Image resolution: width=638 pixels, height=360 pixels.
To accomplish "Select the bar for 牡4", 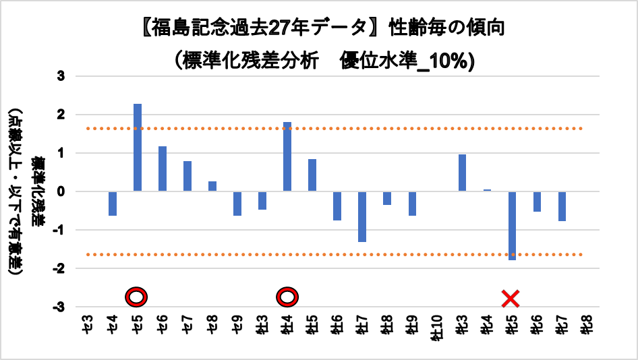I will (287, 156).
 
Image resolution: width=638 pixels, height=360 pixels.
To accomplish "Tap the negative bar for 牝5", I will (512, 225).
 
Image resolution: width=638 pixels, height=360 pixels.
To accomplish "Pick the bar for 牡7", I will (362, 216).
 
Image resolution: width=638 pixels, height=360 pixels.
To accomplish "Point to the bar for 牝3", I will (462, 173).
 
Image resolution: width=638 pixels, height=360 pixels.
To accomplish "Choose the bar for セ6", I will (163, 169).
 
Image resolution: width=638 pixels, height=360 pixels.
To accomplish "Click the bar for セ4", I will (113, 204).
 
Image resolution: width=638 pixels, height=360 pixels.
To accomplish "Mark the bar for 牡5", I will (312, 175).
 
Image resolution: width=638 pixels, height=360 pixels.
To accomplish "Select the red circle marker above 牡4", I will (287, 297).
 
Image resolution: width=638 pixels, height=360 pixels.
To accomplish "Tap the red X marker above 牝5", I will (511, 297).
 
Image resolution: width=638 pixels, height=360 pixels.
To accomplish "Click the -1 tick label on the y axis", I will (59, 230).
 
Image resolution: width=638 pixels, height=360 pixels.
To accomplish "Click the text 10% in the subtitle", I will (454, 60).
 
